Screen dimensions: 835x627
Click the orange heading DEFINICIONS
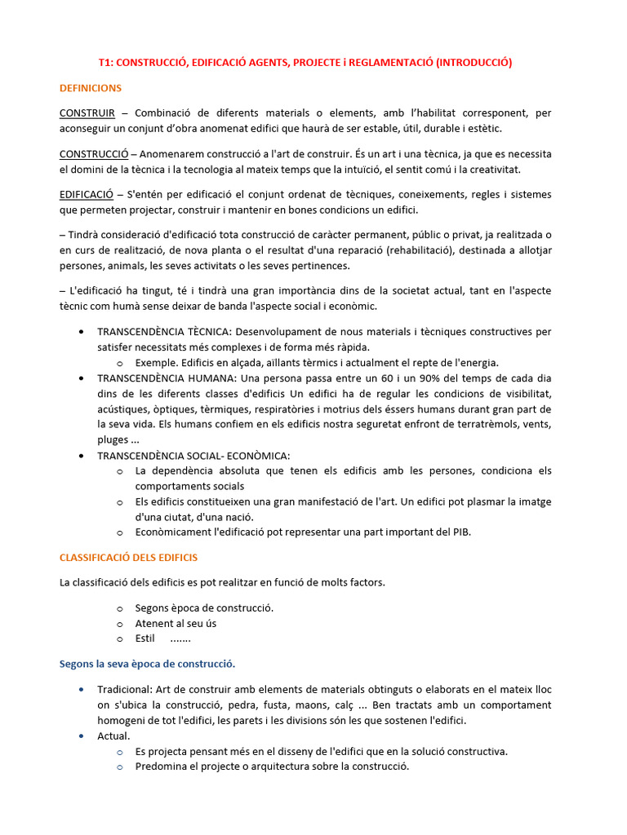tap(91, 87)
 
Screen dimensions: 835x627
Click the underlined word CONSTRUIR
tap(87, 113)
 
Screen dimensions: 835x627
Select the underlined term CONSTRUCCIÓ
tap(94, 154)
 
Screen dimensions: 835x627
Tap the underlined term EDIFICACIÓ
tap(87, 195)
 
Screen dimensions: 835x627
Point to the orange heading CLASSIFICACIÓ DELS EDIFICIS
tap(128, 558)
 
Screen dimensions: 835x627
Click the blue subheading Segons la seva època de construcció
tap(147, 664)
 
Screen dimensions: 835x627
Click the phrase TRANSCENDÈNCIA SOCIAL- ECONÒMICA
tap(193, 455)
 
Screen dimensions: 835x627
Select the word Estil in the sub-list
tap(145, 638)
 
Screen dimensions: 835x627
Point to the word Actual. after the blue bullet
tap(113, 736)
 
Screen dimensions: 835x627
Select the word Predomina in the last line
tap(160, 767)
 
